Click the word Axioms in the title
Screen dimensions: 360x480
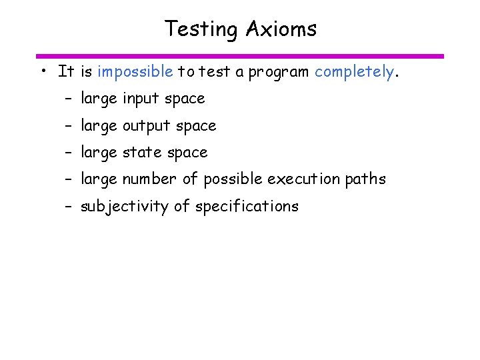point(281,29)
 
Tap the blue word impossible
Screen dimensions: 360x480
point(135,71)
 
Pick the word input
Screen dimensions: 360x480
point(141,99)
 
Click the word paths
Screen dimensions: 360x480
point(366,179)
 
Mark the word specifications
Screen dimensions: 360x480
point(247,207)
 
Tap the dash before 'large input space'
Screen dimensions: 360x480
point(68,99)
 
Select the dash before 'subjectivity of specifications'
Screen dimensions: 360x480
point(68,207)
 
